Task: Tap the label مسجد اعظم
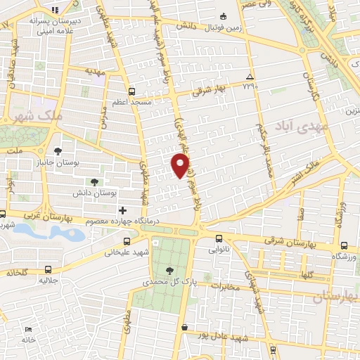pos(131,103)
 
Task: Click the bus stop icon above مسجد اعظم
pos(131,91)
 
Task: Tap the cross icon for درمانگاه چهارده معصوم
pos(123,210)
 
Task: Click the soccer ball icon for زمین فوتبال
pos(223,16)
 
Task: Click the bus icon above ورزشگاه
pos(343,246)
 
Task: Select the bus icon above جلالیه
pos(47,269)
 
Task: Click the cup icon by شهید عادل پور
pos(184,327)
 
